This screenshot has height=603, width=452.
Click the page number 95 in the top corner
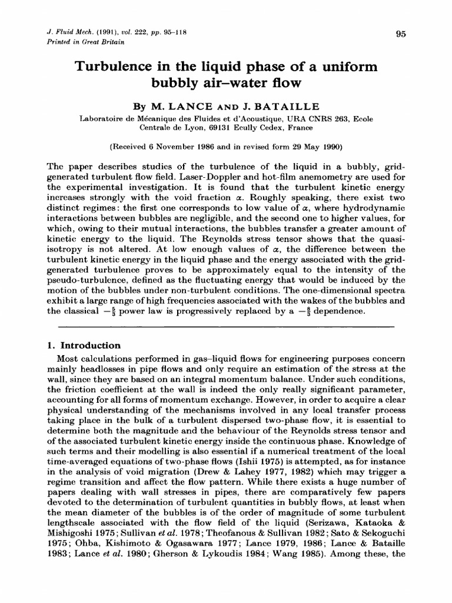tap(401, 34)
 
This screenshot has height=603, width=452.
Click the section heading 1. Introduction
tap(84, 346)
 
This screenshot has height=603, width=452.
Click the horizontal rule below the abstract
tap(225, 326)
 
